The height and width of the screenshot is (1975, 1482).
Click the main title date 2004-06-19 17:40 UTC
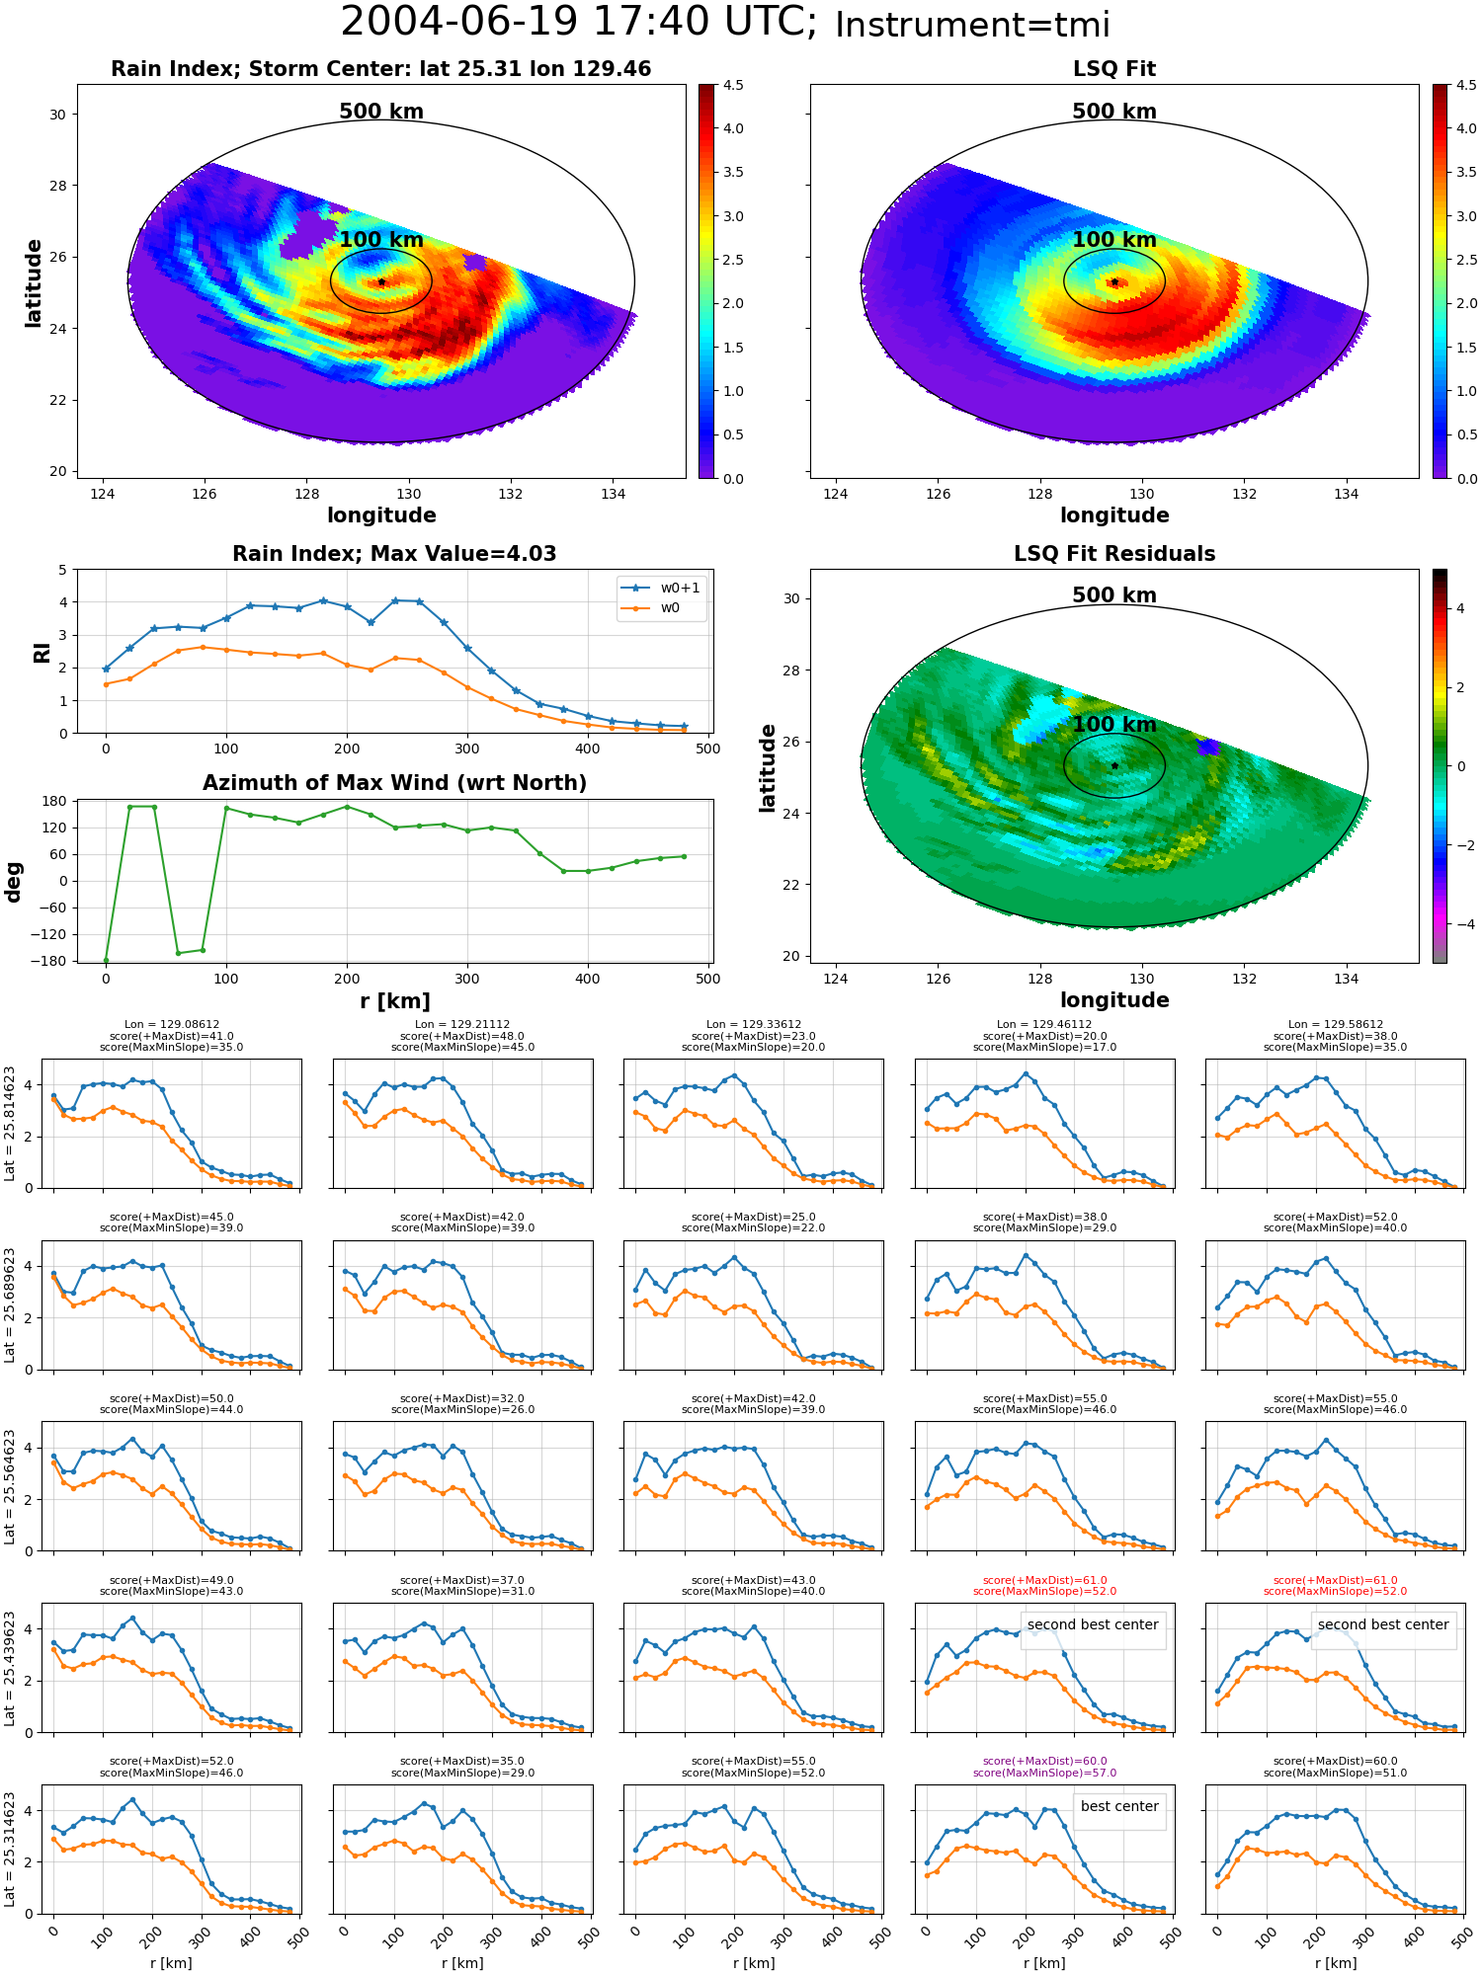[578, 22]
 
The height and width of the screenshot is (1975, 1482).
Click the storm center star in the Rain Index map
[381, 282]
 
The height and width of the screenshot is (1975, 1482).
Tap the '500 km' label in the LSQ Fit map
[1114, 112]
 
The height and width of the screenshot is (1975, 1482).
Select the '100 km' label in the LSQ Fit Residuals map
[1114, 724]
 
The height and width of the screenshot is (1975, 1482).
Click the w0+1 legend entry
[662, 588]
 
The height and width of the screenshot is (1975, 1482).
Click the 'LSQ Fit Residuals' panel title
[1114, 554]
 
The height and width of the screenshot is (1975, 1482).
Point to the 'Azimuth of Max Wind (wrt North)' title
[394, 783]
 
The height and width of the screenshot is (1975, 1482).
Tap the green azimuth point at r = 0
[106, 961]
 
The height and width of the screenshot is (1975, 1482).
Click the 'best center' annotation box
[1119, 1806]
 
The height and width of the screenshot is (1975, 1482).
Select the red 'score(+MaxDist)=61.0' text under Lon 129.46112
[1044, 1580]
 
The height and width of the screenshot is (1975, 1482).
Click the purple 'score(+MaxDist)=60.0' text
[1044, 1761]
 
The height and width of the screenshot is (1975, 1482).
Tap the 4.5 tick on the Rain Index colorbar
[733, 85]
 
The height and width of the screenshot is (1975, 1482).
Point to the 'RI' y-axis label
[42, 652]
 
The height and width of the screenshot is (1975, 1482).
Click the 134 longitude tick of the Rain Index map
[613, 494]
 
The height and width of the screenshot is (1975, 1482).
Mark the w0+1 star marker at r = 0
[106, 669]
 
